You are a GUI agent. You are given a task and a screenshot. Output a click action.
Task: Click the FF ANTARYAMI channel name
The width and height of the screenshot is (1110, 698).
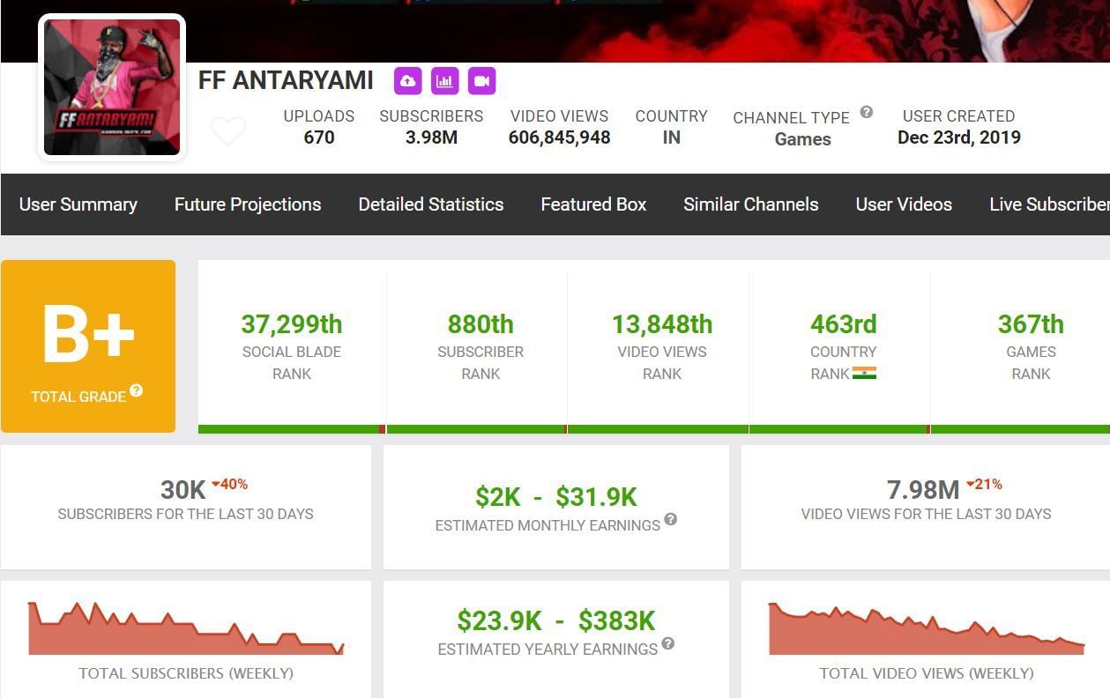point(286,81)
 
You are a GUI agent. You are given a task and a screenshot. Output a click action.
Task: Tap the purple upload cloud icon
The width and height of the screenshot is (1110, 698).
point(407,81)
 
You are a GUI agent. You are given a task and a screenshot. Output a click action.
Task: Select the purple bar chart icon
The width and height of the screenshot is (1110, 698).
point(444,81)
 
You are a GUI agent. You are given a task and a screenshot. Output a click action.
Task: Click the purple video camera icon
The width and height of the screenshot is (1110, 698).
point(481,81)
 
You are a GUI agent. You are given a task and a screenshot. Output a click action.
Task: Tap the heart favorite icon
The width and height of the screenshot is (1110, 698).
point(228,132)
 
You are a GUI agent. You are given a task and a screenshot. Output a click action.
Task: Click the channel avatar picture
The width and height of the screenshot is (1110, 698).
point(112,87)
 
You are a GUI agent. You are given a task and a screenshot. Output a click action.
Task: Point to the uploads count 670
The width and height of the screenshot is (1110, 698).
point(318,137)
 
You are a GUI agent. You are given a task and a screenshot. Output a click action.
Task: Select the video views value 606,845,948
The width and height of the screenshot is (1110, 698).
point(559,137)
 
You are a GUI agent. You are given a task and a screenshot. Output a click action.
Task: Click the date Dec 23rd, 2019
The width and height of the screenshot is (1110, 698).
point(958,137)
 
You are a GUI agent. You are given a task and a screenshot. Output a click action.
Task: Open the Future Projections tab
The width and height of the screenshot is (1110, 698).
point(248,204)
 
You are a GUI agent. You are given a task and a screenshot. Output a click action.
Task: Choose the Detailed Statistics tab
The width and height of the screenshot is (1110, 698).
point(431,204)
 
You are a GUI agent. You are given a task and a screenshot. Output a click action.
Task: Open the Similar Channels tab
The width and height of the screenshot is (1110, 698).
point(751,204)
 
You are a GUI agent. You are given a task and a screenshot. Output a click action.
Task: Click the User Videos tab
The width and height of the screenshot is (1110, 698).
point(904,204)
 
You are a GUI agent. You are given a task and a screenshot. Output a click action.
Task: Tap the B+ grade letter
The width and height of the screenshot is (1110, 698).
point(88,336)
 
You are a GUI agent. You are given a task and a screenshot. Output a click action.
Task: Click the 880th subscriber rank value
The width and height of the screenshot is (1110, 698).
point(481,324)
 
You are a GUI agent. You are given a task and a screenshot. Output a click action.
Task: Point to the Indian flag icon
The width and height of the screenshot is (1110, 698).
point(865,374)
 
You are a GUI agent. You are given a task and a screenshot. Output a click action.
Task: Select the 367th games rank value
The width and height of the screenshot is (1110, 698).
point(1031,324)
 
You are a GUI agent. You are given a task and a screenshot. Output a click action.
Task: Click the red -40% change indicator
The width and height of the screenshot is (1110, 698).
point(230,484)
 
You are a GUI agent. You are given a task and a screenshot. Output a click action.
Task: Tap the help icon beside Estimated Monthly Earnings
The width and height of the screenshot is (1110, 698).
point(671,519)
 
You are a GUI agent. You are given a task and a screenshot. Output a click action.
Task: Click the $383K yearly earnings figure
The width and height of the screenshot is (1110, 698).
point(616,621)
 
